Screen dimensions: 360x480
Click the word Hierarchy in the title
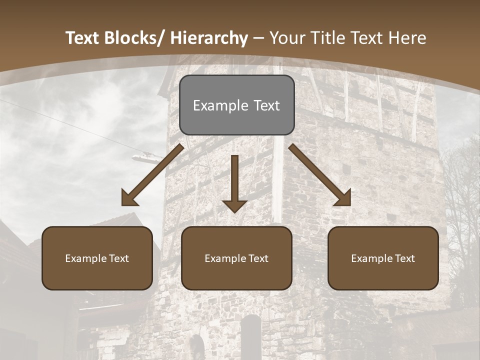[x=209, y=38]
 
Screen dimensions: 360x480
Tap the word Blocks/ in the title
[x=131, y=38]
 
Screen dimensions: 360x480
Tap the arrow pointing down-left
[x=152, y=175]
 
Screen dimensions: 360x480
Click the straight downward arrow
[x=234, y=182]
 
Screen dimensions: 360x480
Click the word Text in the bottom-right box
[x=405, y=258]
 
